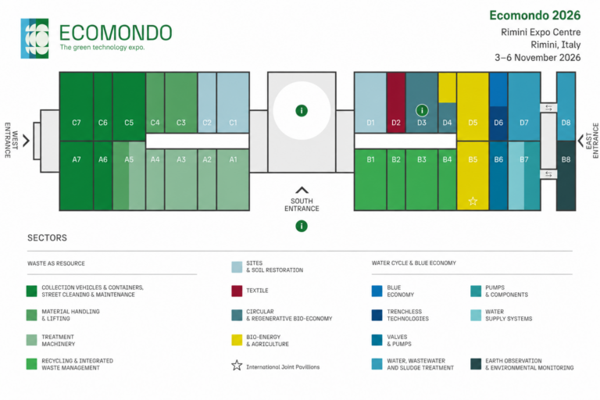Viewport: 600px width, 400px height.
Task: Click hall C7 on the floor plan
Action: [77, 106]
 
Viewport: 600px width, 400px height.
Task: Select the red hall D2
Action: [395, 102]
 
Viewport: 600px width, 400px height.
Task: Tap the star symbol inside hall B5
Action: [473, 201]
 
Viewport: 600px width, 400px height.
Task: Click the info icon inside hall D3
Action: [422, 111]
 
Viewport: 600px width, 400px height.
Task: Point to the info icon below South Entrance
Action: [302, 227]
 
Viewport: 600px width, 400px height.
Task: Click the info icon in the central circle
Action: [302, 111]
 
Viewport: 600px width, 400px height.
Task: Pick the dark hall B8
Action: [566, 176]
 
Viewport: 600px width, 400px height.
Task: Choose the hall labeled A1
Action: [233, 180]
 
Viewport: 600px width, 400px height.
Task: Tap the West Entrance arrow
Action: [26, 141]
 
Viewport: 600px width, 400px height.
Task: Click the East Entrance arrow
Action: [580, 141]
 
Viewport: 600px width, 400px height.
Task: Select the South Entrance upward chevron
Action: [302, 191]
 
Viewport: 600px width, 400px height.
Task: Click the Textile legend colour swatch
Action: [237, 291]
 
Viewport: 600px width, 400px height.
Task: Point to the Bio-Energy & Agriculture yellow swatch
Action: [237, 340]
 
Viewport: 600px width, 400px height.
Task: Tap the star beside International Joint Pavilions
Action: [237, 365]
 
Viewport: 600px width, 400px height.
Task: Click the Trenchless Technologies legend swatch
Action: [377, 315]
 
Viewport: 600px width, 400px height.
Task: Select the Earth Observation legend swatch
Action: [476, 364]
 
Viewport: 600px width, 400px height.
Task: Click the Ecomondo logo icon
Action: [35, 38]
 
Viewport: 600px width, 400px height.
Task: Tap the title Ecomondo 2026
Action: [535, 16]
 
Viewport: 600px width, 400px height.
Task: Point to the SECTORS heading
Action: [47, 237]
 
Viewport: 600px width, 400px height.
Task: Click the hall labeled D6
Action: [498, 123]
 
